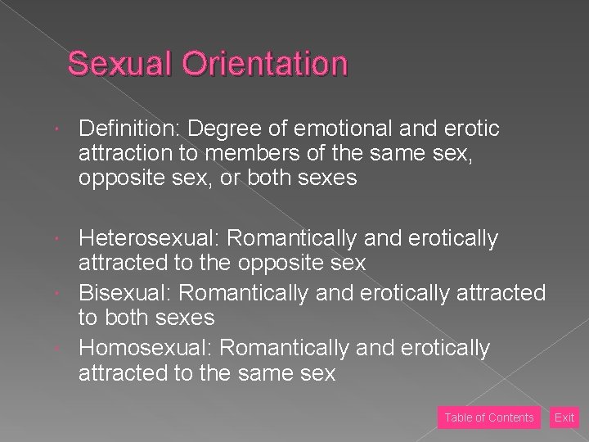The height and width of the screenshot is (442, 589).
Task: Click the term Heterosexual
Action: pyautogui.click(x=149, y=238)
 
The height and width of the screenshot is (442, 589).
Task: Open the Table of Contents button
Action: pyautogui.click(x=489, y=417)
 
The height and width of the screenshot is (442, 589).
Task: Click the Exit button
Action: pyautogui.click(x=564, y=417)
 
